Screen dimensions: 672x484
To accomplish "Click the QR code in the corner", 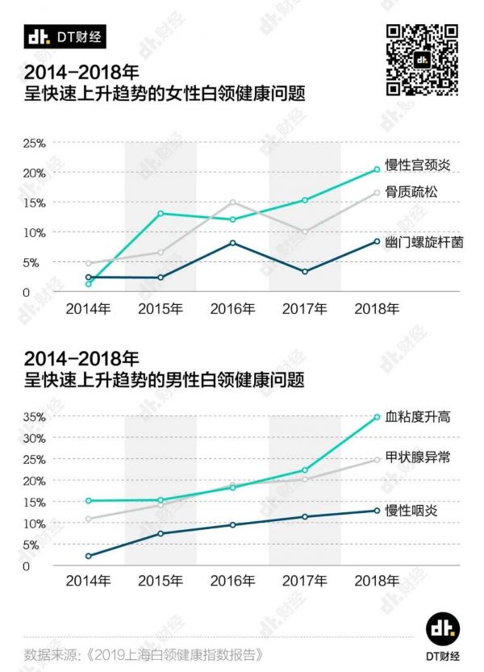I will coord(422,59).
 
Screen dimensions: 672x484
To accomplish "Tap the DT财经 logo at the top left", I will coord(65,37).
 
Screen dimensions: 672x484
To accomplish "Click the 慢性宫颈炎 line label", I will coord(417,165).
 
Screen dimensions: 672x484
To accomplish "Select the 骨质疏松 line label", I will coord(411,192).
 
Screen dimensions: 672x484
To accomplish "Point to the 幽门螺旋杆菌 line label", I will coord(423,241).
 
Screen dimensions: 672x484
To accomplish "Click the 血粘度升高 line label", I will coord(417,416).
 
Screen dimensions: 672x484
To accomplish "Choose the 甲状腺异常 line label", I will coord(417,457).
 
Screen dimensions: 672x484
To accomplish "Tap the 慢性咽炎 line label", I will coord(411,511).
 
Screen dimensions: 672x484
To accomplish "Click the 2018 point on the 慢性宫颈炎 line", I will coord(377,169).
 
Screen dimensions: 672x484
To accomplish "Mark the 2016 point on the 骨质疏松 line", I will coord(232,202).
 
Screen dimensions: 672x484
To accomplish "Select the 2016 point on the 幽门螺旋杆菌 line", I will coord(232,243).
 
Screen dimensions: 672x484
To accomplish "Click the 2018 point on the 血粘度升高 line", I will coord(377,417).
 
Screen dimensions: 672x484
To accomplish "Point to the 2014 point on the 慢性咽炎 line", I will coord(88,556).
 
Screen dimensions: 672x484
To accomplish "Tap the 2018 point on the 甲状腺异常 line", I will coord(377,460).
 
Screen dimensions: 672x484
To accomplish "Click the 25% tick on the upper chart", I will coord(34,144).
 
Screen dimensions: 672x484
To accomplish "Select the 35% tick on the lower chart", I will coord(34,417).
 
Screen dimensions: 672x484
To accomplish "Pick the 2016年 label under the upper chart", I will coord(232,308).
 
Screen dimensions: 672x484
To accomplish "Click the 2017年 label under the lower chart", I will coord(304,581).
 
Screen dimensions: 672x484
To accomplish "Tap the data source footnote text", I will coord(144,653).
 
